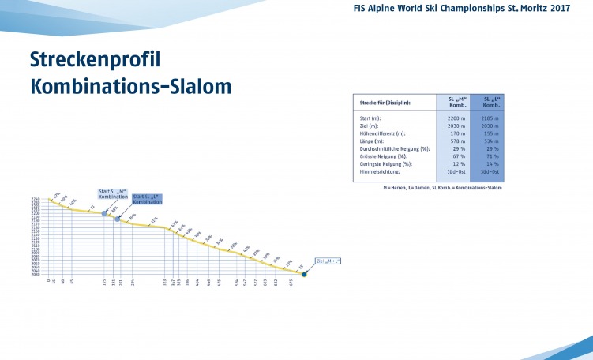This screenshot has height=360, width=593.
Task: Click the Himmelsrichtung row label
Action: (x=380, y=171)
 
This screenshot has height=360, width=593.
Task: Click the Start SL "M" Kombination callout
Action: (x=113, y=193)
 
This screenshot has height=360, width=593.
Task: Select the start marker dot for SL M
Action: (x=104, y=213)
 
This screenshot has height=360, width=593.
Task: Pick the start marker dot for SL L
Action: (x=118, y=218)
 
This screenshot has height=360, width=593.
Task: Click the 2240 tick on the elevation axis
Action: (x=36, y=200)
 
